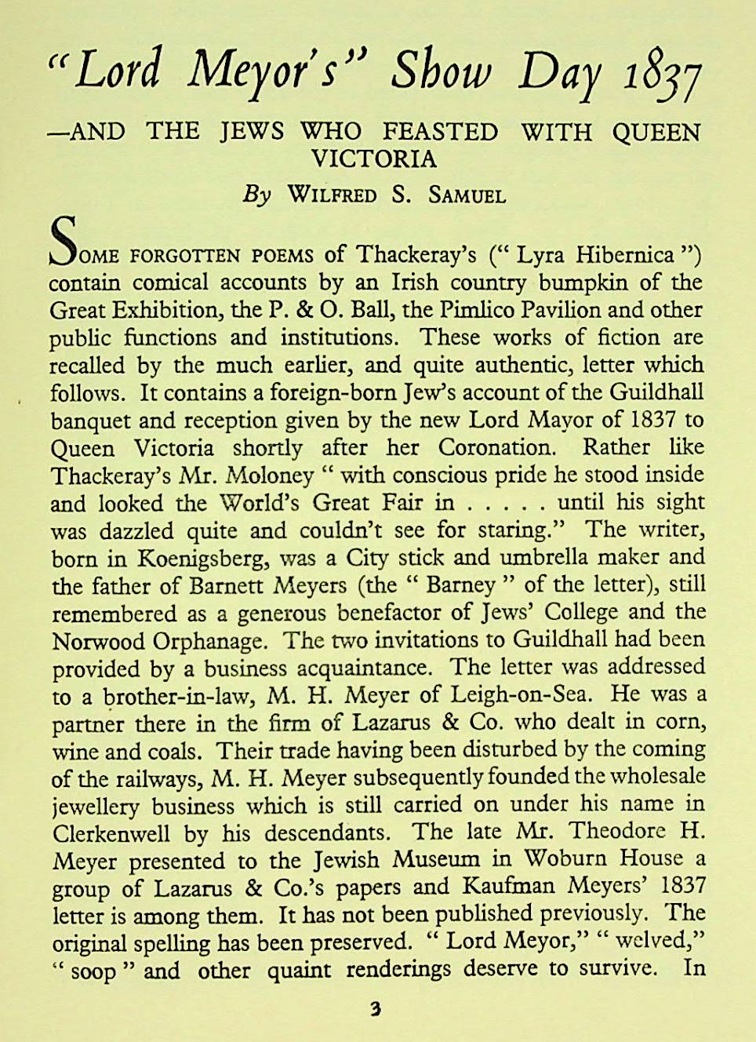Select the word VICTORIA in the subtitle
[x=373, y=158]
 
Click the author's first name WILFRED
[x=333, y=195]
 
